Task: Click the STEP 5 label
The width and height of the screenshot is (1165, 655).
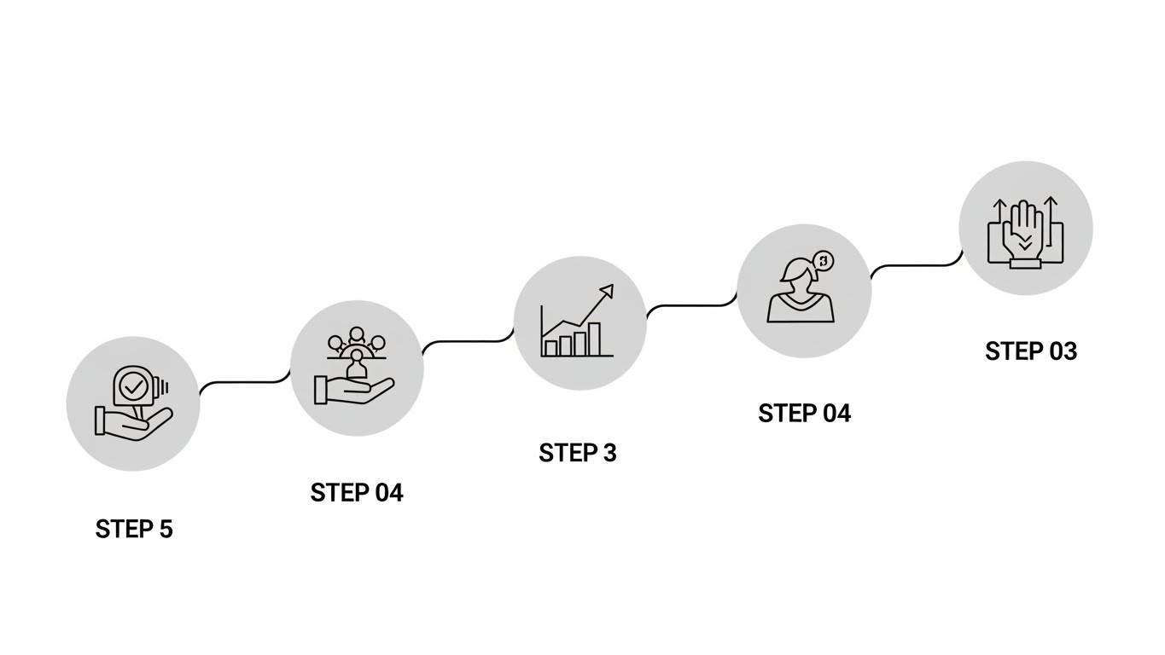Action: [134, 529]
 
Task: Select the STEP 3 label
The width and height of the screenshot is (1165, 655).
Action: [578, 453]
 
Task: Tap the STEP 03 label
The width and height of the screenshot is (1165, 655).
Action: [1031, 351]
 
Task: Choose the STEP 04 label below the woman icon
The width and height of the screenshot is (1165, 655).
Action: [804, 414]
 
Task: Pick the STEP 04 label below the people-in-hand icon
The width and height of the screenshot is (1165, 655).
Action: [357, 493]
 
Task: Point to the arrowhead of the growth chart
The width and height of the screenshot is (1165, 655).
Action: [608, 290]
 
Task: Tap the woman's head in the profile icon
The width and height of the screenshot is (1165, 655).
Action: [797, 274]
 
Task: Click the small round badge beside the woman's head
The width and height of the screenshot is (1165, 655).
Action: [824, 261]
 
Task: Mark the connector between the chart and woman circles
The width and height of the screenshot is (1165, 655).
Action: [691, 305]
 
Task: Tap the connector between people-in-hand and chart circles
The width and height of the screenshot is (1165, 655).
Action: [468, 343]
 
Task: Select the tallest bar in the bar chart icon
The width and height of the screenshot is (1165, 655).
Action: [593, 339]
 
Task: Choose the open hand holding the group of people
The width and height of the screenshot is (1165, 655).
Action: [352, 391]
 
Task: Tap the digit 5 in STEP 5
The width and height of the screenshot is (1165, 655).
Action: [166, 529]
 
